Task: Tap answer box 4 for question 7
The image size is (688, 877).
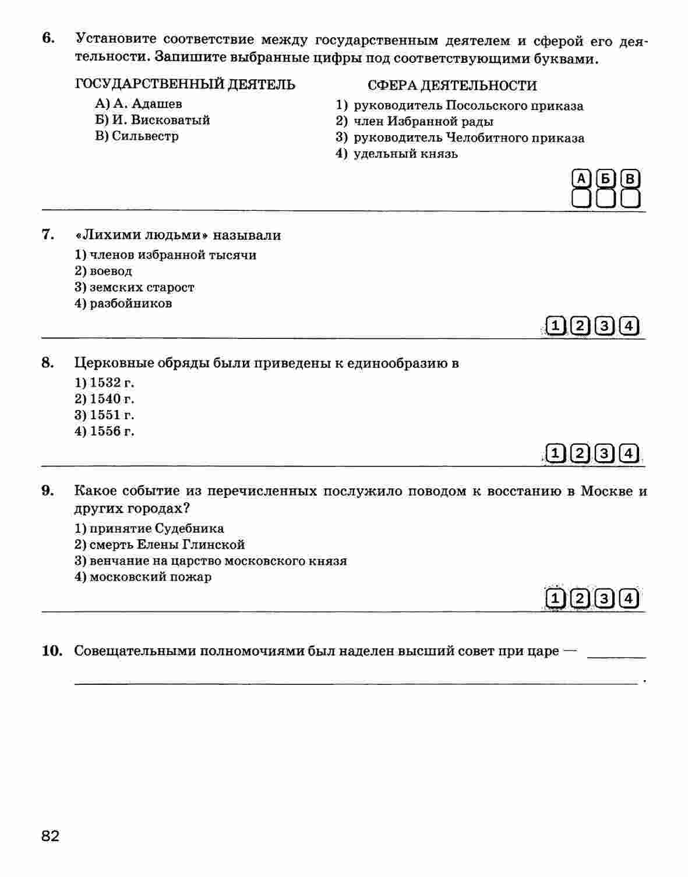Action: (629, 326)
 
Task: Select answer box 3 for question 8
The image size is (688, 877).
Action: (605, 453)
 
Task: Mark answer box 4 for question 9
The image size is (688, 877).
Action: (629, 598)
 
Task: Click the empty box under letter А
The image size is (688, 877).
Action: (581, 199)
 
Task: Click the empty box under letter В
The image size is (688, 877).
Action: (630, 199)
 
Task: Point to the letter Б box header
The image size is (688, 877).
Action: (605, 179)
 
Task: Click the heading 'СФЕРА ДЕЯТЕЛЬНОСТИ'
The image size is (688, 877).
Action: (452, 86)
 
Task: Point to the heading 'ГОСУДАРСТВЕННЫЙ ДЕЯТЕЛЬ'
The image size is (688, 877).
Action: (185, 84)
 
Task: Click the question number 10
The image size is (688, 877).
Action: (52, 650)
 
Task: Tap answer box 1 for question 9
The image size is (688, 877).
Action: (555, 598)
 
